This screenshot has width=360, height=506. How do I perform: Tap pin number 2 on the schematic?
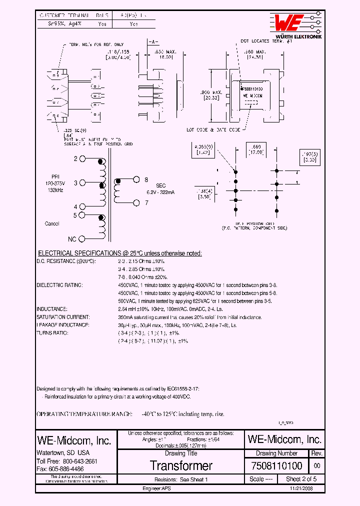tap(76, 159)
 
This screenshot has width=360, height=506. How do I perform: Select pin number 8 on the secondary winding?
tap(146, 179)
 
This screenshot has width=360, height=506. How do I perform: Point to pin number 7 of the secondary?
tap(146, 202)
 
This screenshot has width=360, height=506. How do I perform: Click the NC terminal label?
tap(72, 239)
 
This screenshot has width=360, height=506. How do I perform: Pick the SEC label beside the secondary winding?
tap(161, 185)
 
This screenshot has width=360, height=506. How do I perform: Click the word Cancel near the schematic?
tap(52, 223)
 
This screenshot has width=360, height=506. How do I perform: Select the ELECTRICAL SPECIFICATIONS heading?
tap(120, 253)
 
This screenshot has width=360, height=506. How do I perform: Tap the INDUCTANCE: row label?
tap(52, 309)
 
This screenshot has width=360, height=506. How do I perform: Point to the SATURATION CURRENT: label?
tap(63, 317)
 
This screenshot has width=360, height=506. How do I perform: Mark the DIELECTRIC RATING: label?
tap(59, 285)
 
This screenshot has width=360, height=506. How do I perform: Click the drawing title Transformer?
tap(181, 466)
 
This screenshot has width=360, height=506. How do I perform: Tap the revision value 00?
tap(317, 466)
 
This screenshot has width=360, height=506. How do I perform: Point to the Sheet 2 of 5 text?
tap(301, 479)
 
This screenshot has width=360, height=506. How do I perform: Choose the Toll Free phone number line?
tap(67, 461)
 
